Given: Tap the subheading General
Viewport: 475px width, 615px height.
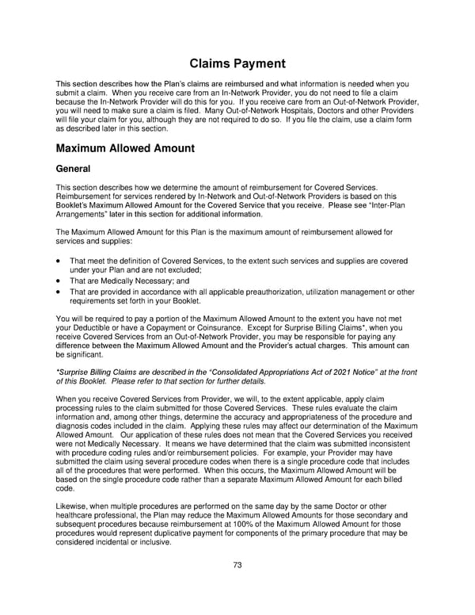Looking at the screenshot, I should pyautogui.click(x=73, y=169).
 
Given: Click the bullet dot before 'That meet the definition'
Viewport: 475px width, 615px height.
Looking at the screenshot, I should pyautogui.click(x=59, y=261).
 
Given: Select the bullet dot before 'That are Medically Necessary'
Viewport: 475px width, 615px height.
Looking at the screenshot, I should pyautogui.click(x=59, y=281).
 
